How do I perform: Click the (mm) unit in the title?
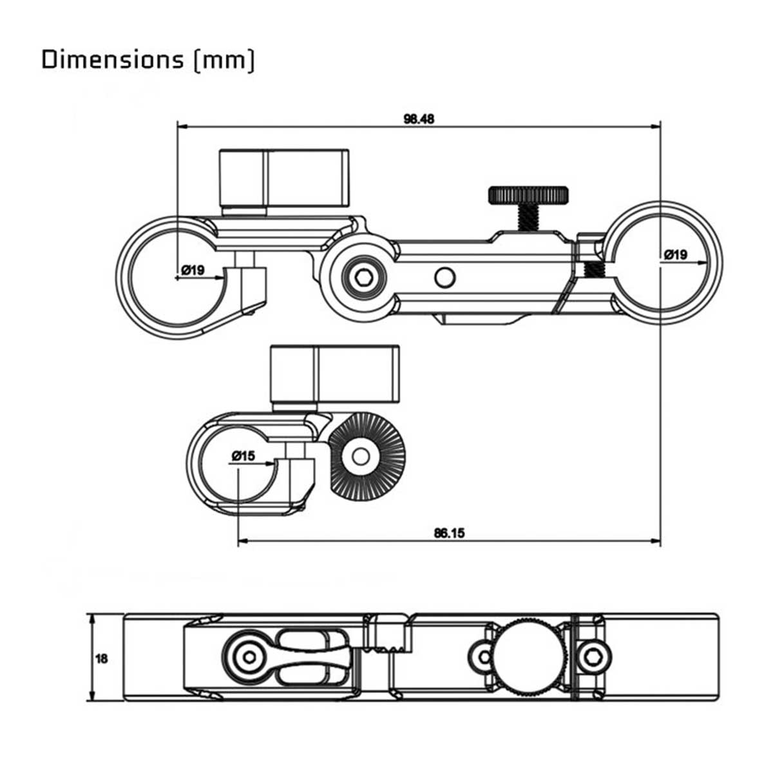tap(224, 60)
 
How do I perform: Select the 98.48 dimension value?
tap(419, 119)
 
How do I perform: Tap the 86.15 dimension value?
tap(449, 533)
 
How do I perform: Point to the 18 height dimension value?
tap(101, 658)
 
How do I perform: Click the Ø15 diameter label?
tap(243, 456)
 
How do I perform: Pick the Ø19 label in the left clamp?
tap(193, 270)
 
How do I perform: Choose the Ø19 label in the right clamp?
tap(675, 254)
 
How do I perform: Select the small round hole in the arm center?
tap(444, 278)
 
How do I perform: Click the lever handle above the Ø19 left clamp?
tap(284, 177)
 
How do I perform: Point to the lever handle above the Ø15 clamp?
tap(334, 374)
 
